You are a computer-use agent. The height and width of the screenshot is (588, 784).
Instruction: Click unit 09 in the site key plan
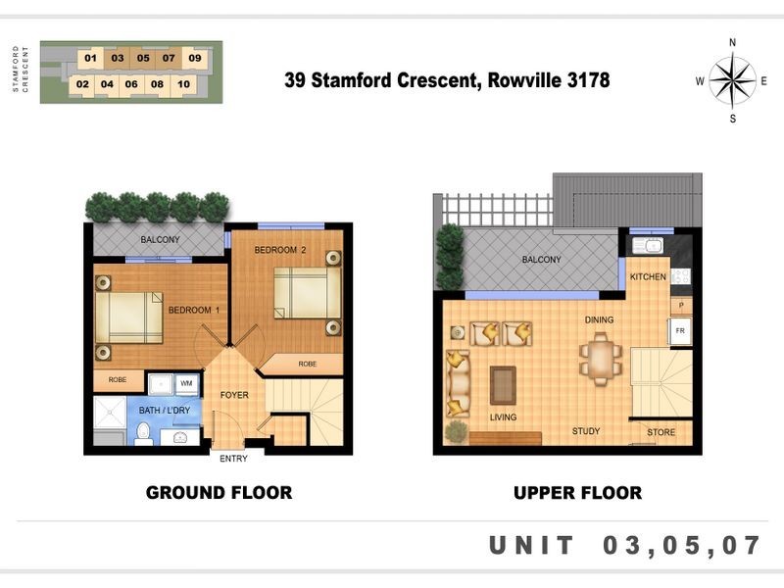pos(194,58)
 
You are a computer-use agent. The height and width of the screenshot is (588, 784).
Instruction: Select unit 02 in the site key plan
pos(82,84)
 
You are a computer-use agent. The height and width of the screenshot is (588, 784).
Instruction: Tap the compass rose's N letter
pos(732,42)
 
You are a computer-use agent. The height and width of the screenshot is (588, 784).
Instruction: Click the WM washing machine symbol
pos(186,384)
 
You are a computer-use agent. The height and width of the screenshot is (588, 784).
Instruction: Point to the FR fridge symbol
pos(680,331)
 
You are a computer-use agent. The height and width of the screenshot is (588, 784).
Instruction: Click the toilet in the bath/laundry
pos(144,433)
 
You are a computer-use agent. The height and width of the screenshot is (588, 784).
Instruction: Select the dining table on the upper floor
pos(601,358)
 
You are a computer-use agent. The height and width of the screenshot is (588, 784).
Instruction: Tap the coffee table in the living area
pos(503,385)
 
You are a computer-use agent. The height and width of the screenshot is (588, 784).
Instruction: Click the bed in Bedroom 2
pos(307,293)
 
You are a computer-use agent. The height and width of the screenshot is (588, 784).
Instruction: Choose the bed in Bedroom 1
pos(129,318)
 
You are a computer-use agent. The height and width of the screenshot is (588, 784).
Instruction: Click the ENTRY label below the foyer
pos(233,459)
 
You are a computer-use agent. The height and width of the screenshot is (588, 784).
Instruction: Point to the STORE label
pos(661,432)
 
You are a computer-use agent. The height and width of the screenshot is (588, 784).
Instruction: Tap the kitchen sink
pos(648,246)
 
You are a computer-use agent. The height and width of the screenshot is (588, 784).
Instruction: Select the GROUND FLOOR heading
pos(219,493)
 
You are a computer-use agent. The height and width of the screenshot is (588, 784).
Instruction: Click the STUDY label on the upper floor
pos(586,431)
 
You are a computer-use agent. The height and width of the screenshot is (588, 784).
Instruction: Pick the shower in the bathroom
pos(110,413)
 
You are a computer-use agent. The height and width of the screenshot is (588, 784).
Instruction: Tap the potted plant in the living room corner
pos(456,432)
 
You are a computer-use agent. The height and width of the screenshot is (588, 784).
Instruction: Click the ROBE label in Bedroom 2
pos(308,364)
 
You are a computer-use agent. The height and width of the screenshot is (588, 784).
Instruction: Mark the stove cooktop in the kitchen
pos(680,276)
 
